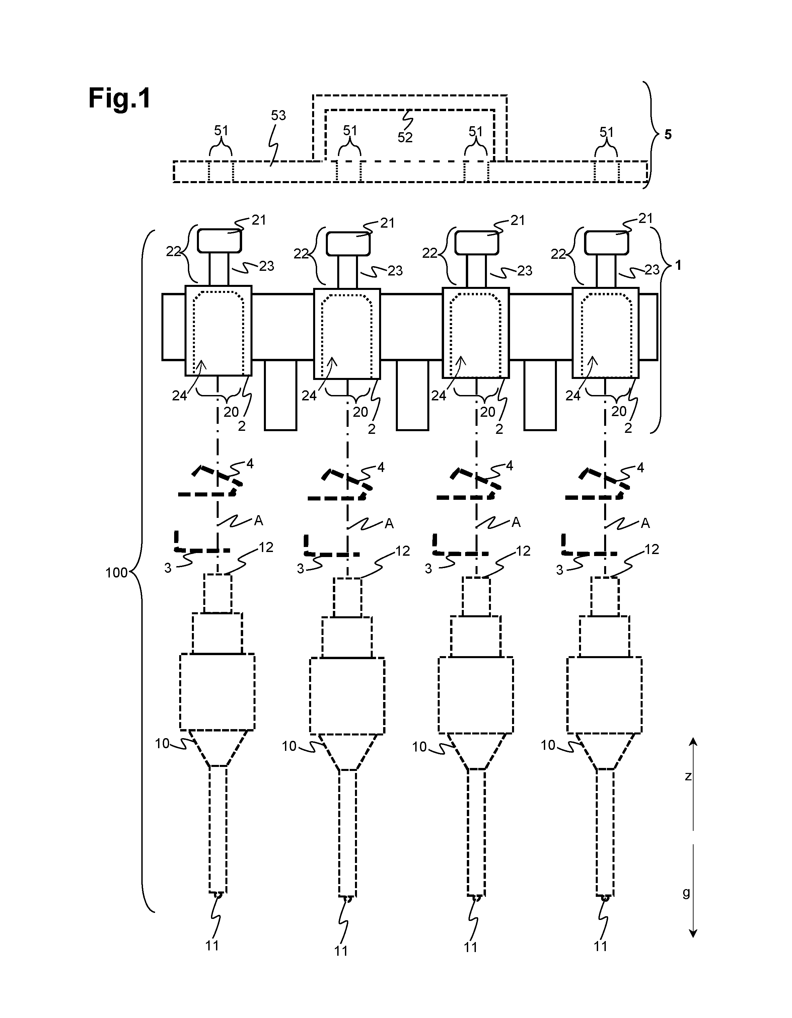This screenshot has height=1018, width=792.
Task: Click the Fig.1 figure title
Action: coord(120,99)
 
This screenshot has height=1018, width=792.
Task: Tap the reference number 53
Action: coord(278,115)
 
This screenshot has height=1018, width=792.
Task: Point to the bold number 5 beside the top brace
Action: coord(668,135)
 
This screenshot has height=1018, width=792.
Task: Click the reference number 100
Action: coord(116,573)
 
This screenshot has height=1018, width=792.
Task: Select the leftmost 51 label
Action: coord(221,131)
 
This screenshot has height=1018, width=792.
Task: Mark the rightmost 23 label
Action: coord(652,269)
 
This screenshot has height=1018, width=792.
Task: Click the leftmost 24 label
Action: coord(179,396)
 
